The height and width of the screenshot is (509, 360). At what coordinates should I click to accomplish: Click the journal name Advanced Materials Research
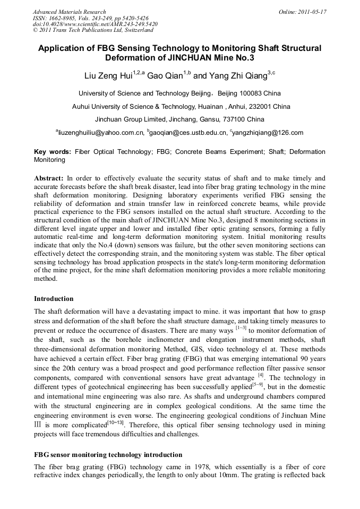click(x=69, y=12)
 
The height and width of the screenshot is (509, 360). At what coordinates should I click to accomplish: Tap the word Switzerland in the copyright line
click(x=135, y=31)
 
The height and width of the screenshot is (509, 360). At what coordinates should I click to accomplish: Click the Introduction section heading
click(x=54, y=299)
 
